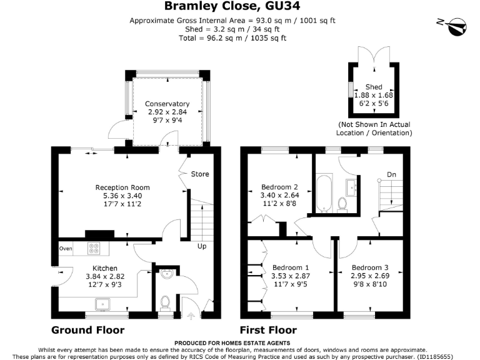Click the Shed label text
(374, 87)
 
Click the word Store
(200, 174)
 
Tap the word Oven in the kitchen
(65, 248)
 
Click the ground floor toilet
(166, 302)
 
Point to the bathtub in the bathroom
(324, 194)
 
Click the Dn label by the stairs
(391, 174)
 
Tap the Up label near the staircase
(202, 246)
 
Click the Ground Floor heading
(87, 330)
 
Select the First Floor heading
(268, 330)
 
